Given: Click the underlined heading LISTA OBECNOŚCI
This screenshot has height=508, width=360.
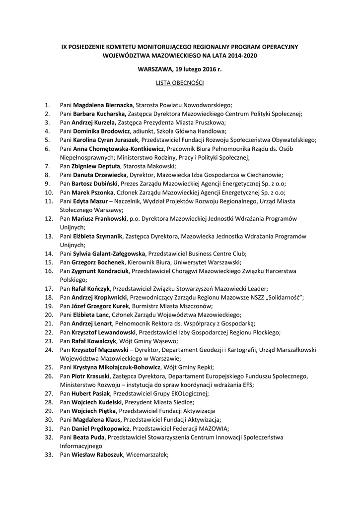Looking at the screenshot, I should click(180, 82).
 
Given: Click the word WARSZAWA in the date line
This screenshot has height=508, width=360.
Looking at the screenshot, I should click(155, 69).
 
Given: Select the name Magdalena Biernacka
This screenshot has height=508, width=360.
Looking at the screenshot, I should click(103, 105).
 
